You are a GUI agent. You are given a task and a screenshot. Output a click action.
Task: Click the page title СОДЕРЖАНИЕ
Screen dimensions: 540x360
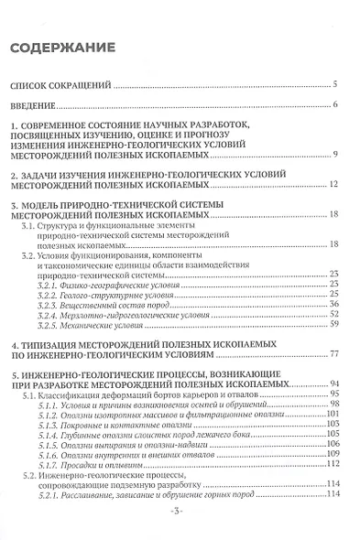63,47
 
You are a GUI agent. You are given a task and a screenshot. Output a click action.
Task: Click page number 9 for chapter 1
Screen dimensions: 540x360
336,152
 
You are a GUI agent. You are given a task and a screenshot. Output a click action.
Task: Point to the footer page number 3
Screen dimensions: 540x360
180,533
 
